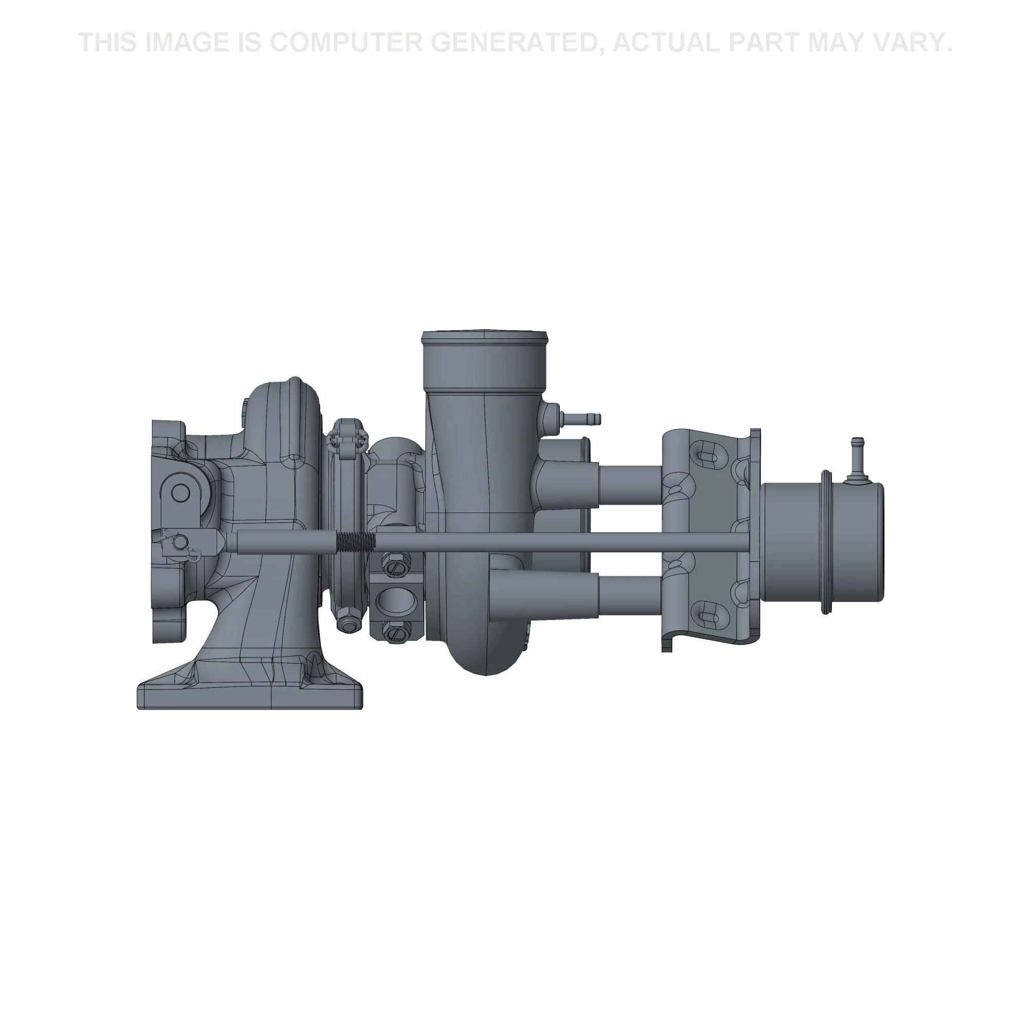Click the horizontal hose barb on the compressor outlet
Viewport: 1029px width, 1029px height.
click(584, 419)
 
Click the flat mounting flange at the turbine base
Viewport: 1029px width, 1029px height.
click(251, 698)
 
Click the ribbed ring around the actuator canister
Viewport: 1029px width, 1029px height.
click(826, 542)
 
